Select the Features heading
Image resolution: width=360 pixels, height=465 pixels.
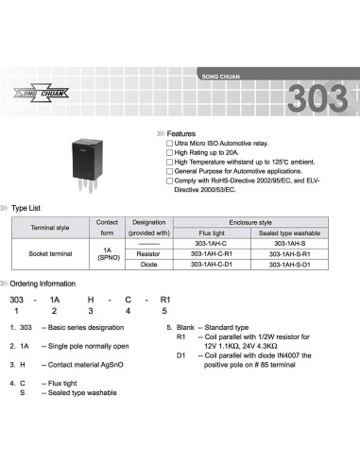pos(181,133)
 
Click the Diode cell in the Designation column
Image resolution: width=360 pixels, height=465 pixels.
pos(147,265)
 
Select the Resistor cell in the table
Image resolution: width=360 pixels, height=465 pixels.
pos(147,253)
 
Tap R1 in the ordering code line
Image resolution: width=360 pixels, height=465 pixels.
pos(165,298)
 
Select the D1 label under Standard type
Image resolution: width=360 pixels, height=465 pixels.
pos(181,354)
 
